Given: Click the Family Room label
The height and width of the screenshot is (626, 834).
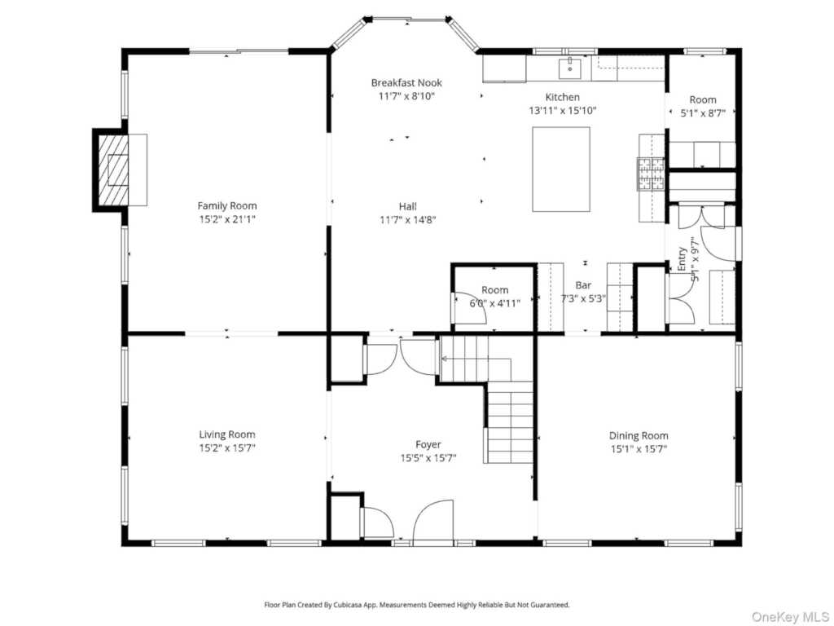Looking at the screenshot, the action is [x=227, y=206].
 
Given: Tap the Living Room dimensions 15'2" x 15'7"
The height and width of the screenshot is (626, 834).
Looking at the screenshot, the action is [x=227, y=448].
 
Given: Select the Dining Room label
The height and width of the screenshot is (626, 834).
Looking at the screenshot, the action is [x=639, y=435].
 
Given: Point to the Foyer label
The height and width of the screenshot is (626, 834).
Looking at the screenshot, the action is [x=428, y=444].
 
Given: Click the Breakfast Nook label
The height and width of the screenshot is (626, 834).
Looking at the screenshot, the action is [x=406, y=82].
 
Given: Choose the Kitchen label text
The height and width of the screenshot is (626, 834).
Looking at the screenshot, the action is [x=562, y=97].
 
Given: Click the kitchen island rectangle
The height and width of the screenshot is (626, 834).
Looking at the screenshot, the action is [x=561, y=170].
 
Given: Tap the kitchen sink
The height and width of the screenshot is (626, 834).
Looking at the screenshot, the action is [x=569, y=68].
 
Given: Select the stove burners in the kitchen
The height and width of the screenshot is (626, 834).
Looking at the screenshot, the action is [x=651, y=174].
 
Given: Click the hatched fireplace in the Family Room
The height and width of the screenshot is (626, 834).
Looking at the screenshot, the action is [x=112, y=170].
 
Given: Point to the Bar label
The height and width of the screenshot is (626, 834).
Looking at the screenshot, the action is [x=583, y=285].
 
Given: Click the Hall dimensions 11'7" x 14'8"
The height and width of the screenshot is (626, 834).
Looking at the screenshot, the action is [x=408, y=220].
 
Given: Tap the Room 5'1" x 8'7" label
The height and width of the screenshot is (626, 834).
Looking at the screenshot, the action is [x=703, y=106].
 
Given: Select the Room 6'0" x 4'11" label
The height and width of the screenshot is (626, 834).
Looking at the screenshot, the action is [x=494, y=297].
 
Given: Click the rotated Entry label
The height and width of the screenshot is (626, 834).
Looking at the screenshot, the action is [x=682, y=258].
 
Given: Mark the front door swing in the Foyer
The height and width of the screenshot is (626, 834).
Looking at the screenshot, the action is [x=432, y=522].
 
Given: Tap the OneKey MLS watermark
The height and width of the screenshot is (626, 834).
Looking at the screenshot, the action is [x=790, y=617].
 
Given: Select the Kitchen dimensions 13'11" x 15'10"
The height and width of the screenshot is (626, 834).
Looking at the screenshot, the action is [x=562, y=111].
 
